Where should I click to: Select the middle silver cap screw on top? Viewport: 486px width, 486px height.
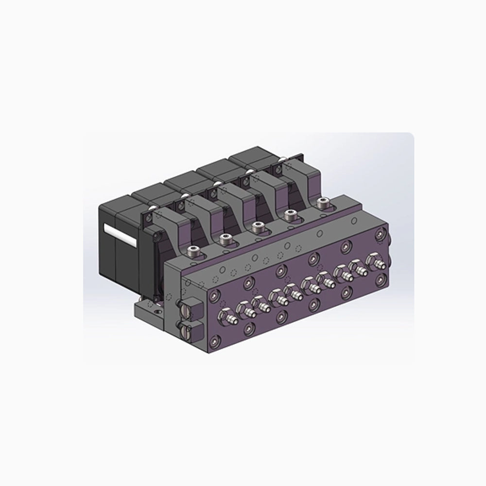point(258,226)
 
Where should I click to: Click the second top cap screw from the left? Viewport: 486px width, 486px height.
point(225,239)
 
